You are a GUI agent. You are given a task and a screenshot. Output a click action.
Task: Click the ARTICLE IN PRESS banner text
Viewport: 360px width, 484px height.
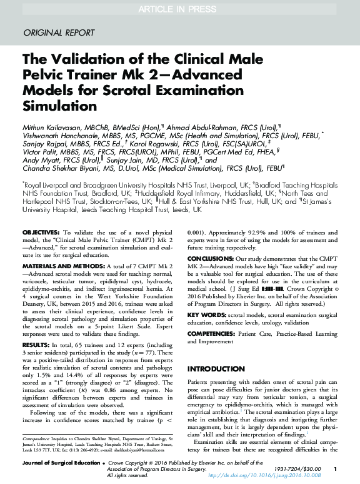[x=180, y=8]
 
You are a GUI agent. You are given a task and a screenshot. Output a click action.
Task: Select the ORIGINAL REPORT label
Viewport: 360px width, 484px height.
[x=58, y=33]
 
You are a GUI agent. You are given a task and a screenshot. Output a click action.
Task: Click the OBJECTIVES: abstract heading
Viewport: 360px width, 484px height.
[x=41, y=232]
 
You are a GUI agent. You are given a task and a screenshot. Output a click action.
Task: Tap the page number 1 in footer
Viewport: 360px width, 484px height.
[x=335, y=468]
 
